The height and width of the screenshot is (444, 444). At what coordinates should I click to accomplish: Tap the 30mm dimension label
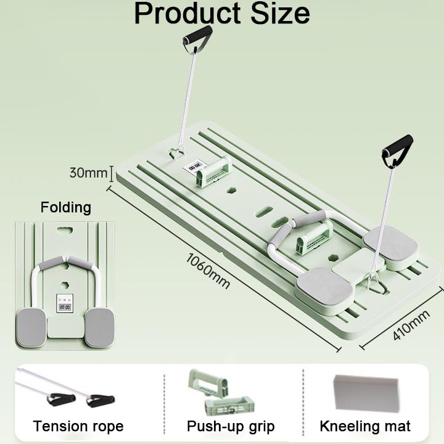[x=88, y=173]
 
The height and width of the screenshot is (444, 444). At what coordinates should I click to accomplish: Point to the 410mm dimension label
[x=410, y=326]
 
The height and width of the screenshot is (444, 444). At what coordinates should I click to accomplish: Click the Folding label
[x=65, y=207]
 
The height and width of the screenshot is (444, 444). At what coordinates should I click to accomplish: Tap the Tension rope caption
[x=78, y=426]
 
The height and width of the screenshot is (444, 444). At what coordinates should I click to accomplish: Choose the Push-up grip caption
[x=231, y=426]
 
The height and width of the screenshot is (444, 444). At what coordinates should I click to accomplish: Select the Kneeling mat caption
[x=365, y=426]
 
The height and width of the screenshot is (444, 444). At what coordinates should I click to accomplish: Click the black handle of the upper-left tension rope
[x=197, y=35]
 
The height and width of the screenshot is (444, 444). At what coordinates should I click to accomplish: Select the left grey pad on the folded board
[x=31, y=327]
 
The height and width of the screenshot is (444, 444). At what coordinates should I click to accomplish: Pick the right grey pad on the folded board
[x=99, y=327]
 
